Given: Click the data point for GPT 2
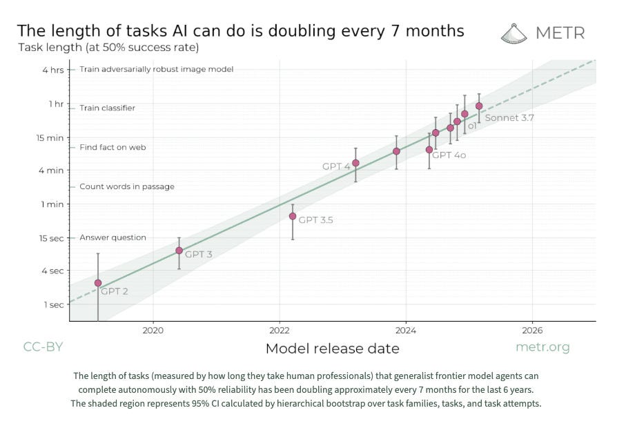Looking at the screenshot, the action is click(98, 283).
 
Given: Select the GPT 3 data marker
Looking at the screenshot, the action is click(179, 251).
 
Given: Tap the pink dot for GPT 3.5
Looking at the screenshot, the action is click(293, 216).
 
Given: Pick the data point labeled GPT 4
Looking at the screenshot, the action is click(355, 163).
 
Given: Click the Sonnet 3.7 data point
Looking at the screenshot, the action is click(479, 106).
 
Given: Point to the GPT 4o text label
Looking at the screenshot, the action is click(449, 155).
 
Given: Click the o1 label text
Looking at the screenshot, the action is click(472, 126).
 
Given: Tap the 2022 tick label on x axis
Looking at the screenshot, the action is click(280, 330).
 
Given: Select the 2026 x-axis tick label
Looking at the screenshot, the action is click(532, 330).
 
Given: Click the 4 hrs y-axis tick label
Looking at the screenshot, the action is click(53, 70).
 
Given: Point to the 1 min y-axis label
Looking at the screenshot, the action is click(52, 204).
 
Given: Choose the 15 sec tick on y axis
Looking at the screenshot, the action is click(52, 238).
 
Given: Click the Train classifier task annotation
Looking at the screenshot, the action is click(108, 108).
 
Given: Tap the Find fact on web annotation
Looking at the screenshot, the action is click(113, 147).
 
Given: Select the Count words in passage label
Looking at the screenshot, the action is click(127, 186).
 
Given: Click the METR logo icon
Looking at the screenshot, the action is click(513, 34).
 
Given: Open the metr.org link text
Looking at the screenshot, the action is click(542, 347).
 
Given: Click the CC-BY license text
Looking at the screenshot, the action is click(43, 347).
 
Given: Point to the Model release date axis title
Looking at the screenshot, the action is click(333, 349).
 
